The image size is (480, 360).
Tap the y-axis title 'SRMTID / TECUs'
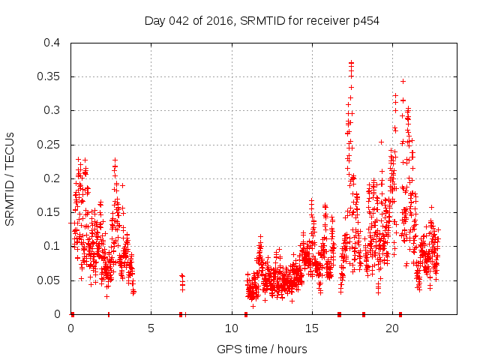(10, 178)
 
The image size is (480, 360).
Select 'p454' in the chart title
(364, 21)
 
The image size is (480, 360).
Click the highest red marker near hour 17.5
(351, 62)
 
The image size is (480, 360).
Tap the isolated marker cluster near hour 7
(181, 280)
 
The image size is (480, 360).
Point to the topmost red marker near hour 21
(403, 81)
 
